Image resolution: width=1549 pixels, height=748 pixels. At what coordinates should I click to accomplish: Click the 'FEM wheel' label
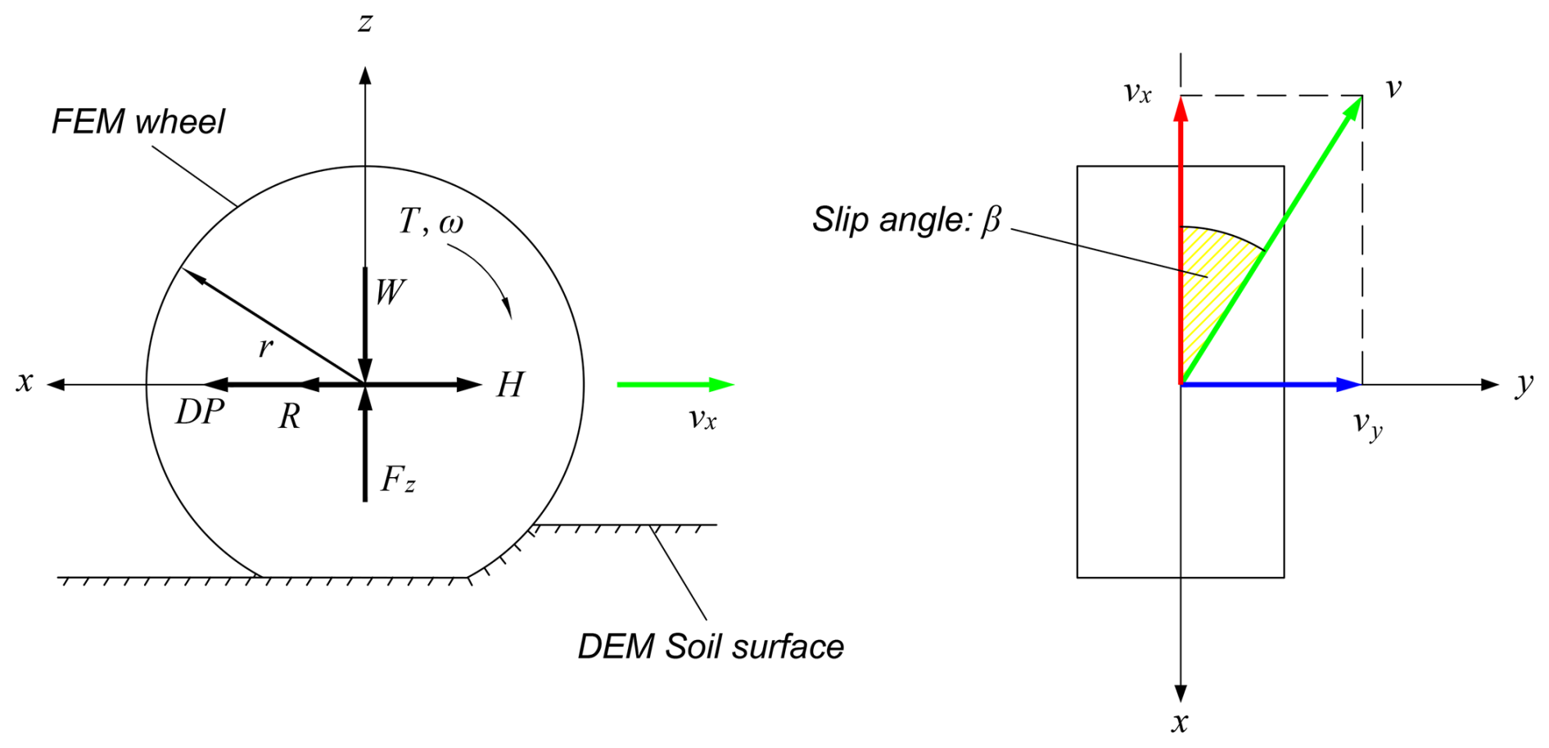click(x=138, y=122)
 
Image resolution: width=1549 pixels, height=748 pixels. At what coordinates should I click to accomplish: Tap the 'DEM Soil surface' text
click(x=711, y=647)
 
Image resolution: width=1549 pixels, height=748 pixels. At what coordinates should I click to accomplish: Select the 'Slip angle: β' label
click(x=906, y=219)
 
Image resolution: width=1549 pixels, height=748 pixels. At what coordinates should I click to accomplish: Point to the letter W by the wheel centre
click(x=390, y=292)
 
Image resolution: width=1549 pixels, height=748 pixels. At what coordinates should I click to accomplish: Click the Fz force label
click(x=398, y=480)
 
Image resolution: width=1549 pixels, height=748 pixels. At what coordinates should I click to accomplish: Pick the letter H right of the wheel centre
click(x=510, y=385)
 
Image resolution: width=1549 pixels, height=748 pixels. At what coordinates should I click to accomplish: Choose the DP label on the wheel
click(x=200, y=412)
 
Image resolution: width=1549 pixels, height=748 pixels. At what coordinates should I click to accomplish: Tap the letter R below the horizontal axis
click(x=289, y=417)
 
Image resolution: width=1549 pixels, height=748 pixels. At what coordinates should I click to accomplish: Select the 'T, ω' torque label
click(x=431, y=222)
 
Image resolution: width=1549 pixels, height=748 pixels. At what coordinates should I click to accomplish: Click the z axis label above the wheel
click(x=365, y=22)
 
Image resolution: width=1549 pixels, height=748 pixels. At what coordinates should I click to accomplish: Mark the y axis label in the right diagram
click(x=1524, y=383)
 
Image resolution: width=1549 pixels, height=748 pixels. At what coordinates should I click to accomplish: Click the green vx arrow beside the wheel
click(x=675, y=385)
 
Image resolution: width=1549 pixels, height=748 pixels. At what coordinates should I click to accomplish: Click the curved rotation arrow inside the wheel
click(x=487, y=274)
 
